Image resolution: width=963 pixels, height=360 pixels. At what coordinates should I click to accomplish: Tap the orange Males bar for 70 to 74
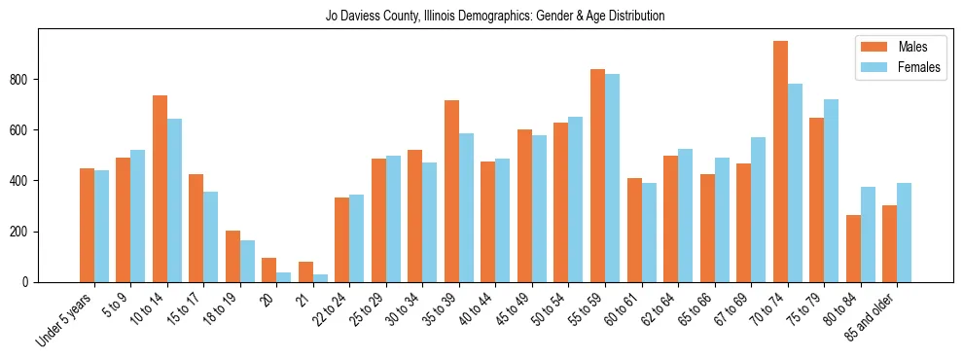(780, 162)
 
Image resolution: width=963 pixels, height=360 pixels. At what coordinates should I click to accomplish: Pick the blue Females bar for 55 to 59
(613, 178)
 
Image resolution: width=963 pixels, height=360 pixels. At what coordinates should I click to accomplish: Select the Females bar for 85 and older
(905, 233)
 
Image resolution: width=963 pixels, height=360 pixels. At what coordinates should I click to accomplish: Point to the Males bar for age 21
(305, 271)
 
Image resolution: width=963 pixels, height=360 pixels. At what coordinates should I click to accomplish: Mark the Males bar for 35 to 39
(451, 191)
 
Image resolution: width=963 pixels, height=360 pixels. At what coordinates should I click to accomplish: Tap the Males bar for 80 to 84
(853, 248)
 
